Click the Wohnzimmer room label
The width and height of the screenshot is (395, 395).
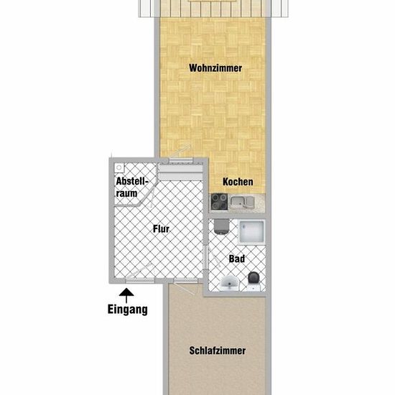coord(215,68)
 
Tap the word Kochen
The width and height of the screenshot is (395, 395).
coord(238,182)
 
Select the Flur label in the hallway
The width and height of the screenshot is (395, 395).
coord(161,228)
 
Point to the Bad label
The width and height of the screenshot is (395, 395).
coord(237,259)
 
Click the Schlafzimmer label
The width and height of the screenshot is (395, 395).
coord(218,350)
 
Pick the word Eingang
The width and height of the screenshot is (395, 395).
coord(127,310)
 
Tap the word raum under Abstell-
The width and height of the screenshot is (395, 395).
coord(126,193)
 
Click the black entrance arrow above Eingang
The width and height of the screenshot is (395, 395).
coord(126,296)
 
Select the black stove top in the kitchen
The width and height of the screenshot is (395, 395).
coord(220,202)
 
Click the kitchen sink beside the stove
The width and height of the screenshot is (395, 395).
coord(242,203)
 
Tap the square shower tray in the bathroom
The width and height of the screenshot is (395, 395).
coord(251,232)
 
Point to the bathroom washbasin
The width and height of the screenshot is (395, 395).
coord(229,284)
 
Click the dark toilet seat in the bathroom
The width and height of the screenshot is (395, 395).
coord(254,279)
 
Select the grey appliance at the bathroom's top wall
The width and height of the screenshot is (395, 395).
coord(221,226)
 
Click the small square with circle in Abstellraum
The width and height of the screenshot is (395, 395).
coord(119,167)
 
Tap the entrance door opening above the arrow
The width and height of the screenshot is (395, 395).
coord(140,280)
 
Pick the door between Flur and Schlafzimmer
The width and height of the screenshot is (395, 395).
coord(186,282)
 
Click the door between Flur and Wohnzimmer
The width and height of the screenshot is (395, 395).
coord(180,159)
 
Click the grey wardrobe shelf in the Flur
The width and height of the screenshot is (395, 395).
coord(181,172)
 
